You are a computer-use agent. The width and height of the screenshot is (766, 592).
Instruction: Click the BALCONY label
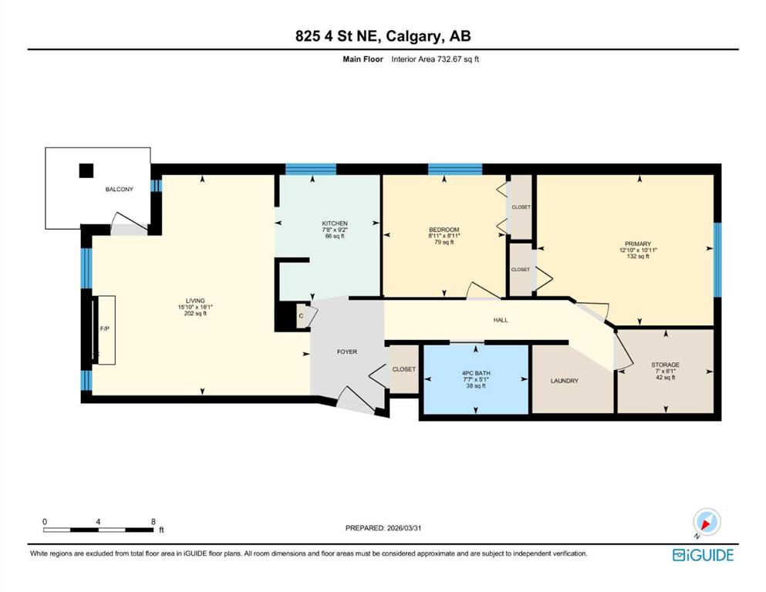point(120,190)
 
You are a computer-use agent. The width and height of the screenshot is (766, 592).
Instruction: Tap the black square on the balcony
point(86,170)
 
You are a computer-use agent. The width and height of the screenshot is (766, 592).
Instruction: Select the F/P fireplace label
point(105,329)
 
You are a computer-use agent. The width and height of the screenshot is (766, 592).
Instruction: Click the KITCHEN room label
point(335,224)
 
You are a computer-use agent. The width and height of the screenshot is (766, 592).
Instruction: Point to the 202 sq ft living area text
point(195,314)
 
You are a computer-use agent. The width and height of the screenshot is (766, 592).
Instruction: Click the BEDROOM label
point(444,230)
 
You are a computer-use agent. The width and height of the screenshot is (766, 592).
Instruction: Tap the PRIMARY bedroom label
point(638,244)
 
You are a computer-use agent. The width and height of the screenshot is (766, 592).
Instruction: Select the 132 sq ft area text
point(638,256)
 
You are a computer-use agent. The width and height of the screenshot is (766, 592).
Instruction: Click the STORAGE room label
point(666,365)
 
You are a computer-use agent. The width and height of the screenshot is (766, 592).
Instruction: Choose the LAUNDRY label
point(564,381)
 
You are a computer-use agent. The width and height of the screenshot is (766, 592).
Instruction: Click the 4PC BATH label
point(476,373)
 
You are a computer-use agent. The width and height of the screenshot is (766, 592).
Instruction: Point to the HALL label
point(500,320)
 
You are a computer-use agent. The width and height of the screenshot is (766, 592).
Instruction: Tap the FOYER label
point(347,351)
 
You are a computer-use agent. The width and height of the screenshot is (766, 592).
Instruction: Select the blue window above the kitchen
point(311,169)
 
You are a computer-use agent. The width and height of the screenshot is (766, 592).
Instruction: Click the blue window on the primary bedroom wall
point(717,260)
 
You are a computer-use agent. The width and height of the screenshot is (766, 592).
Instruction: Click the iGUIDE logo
point(703,555)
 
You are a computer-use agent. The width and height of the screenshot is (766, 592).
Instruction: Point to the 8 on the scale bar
point(154,522)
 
